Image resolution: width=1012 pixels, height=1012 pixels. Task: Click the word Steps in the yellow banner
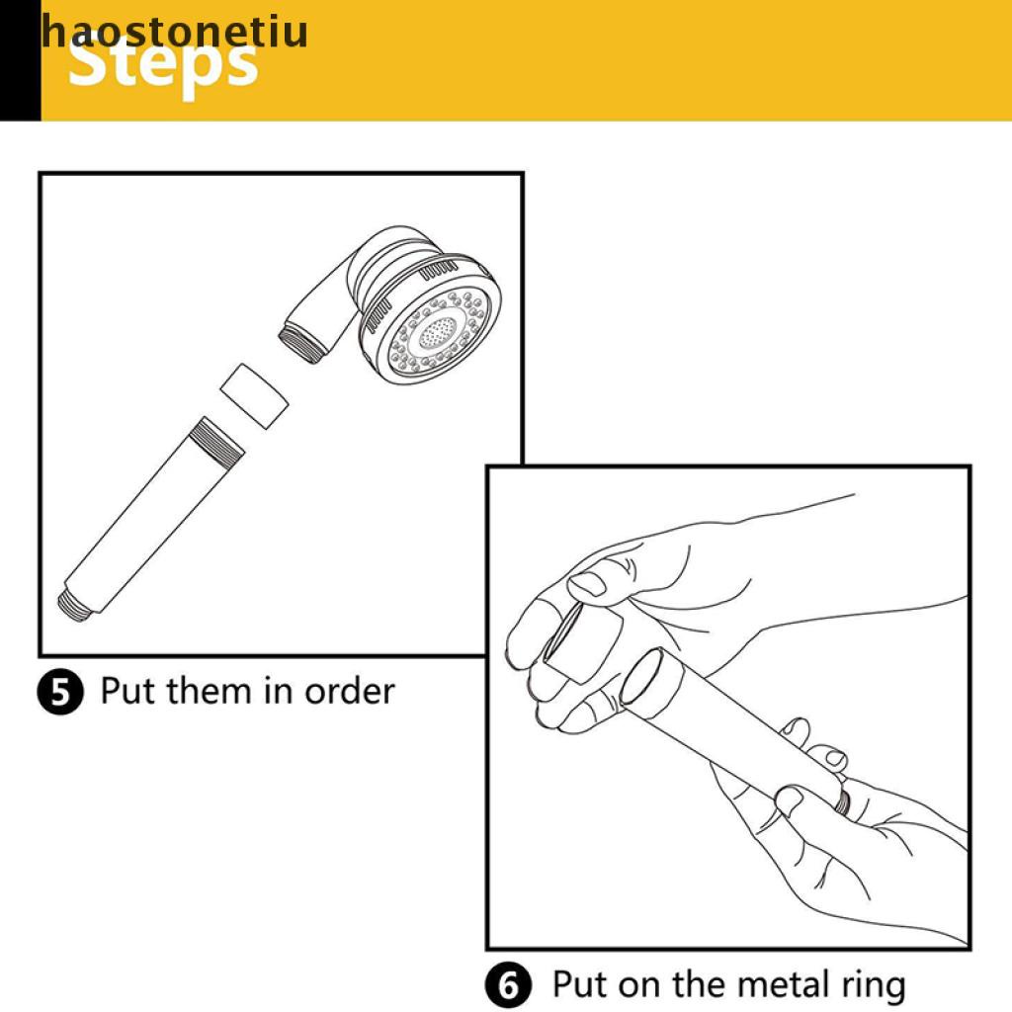click(x=163, y=64)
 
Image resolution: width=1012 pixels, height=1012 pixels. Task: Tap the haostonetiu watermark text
click(x=174, y=31)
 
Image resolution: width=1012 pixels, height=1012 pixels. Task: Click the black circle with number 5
click(x=60, y=692)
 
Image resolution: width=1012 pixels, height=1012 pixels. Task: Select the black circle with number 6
click(x=509, y=985)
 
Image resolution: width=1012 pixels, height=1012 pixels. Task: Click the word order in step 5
click(x=349, y=691)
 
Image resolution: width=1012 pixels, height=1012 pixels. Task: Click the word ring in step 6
click(x=874, y=987)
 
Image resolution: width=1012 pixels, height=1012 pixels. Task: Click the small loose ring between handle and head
click(x=254, y=396)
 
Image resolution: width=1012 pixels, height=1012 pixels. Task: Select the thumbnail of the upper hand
click(x=587, y=584)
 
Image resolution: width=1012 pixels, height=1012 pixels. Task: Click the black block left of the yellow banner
click(x=20, y=60)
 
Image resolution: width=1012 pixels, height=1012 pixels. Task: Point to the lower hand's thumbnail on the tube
click(x=790, y=801)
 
